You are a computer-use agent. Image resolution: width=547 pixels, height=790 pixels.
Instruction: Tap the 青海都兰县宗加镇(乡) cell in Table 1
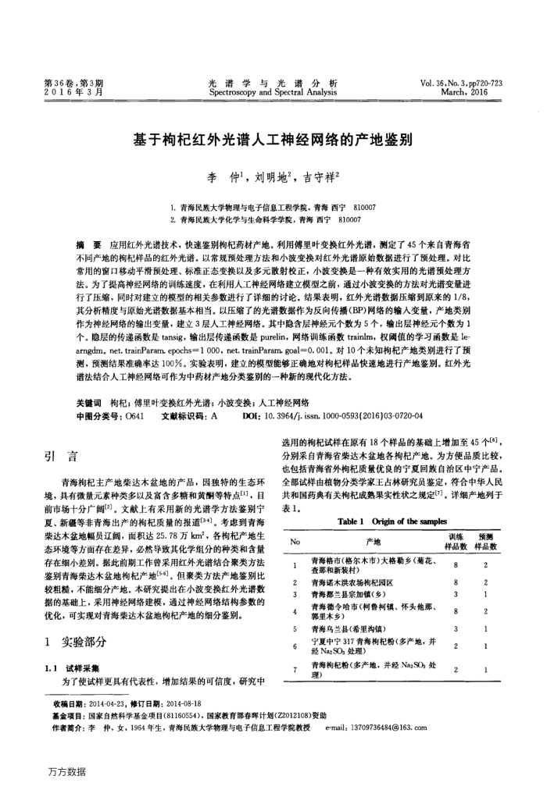coord(347,594)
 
